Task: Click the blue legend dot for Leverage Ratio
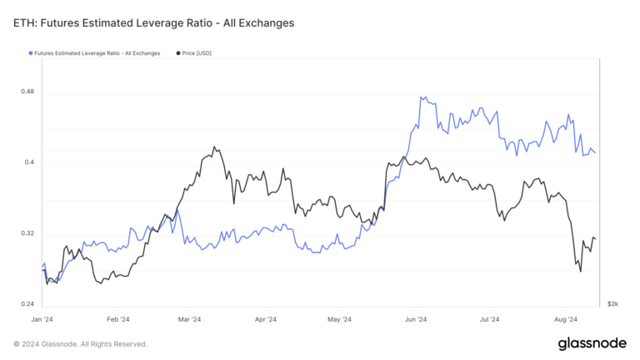coord(32,53)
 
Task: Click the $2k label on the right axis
coord(612,304)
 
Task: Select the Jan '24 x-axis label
coord(42,319)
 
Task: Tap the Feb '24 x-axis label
coord(118,319)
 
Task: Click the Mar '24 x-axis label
coord(190,319)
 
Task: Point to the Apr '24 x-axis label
coord(266,319)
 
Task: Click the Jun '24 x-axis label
coord(416,319)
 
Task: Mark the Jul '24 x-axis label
coord(489,319)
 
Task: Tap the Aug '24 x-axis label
coord(566,319)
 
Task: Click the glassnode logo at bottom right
coord(592,343)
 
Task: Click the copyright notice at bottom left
coord(80,343)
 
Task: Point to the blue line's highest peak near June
coord(422,97)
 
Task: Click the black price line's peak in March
coord(214,147)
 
